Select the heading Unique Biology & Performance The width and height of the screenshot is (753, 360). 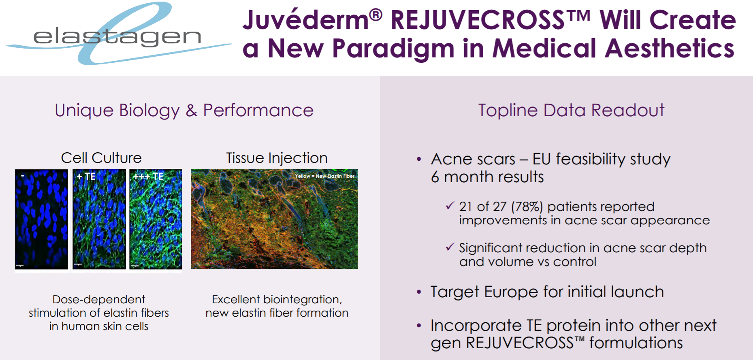(184, 110)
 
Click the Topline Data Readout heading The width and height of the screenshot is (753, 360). (571, 110)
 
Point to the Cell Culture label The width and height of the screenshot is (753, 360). (101, 158)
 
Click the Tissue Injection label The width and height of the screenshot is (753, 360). (277, 158)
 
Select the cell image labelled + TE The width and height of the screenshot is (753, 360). (99, 219)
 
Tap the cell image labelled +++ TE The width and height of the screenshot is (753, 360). (156, 219)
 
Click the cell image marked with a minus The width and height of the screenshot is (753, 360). (41, 219)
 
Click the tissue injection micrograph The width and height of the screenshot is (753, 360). (274, 219)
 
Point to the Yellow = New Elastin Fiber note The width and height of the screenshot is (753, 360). (324, 176)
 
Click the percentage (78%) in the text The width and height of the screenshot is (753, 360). (527, 207)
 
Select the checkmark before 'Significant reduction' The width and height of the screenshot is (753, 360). (450, 247)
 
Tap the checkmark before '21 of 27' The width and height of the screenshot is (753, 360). (450, 205)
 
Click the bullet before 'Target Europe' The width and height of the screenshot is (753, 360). (419, 292)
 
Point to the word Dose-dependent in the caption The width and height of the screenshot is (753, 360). (99, 300)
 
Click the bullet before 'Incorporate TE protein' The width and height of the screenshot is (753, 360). (419, 326)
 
